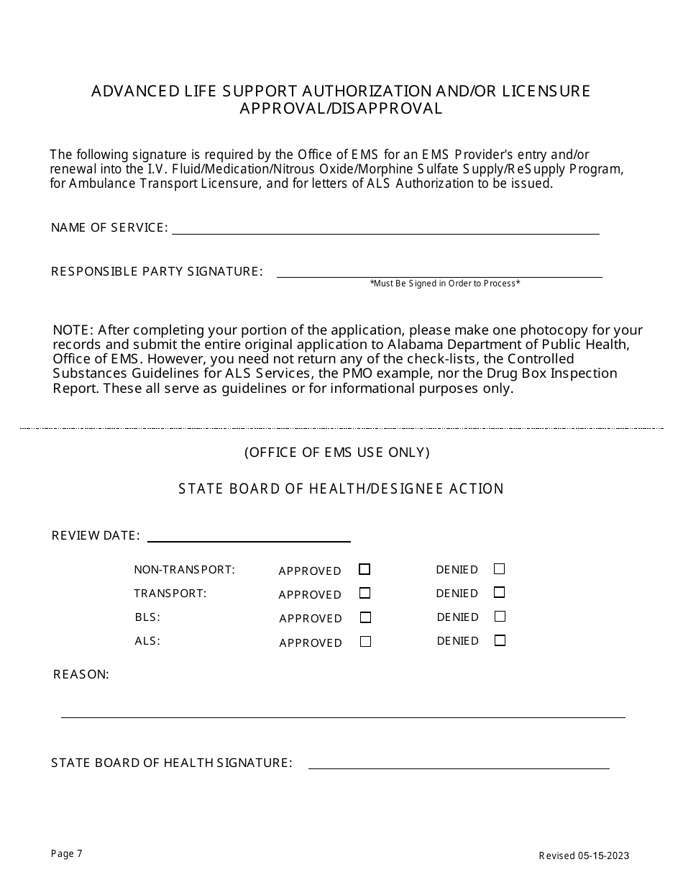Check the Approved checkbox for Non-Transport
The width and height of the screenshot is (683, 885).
365,569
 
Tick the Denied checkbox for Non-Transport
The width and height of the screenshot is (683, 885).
499,569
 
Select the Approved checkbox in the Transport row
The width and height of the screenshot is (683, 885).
365,594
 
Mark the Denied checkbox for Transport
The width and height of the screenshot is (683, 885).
499,593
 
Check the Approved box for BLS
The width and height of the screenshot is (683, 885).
365,617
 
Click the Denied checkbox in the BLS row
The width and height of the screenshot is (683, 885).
500,617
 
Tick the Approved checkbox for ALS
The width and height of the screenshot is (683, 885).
365,642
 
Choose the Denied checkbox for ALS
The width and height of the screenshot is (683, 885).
500,640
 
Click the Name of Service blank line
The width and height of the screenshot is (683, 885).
385,230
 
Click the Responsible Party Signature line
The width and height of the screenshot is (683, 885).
439,273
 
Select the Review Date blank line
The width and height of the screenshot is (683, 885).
248,537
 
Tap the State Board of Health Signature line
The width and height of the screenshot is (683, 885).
458,764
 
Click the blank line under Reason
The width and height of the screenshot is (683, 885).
343,712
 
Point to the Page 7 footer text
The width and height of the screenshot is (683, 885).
67,854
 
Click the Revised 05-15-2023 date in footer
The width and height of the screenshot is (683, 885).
584,855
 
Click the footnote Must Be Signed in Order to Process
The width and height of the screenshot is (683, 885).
445,283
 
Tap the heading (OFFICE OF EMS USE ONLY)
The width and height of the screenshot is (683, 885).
337,453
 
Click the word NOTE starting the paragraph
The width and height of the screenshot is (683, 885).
73,330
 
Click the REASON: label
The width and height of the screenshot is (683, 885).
81,675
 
